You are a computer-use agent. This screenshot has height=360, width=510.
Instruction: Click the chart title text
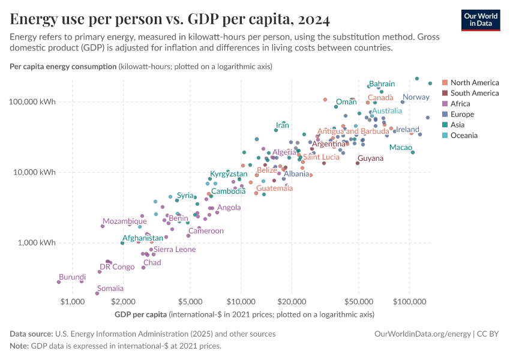(170, 20)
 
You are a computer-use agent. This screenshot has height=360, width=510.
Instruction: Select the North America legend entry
(474, 82)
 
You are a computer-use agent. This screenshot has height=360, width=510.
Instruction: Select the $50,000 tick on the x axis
(359, 300)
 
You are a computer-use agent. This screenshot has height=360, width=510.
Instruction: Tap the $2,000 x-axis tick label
(122, 300)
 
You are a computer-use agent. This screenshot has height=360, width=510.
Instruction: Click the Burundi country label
(72, 277)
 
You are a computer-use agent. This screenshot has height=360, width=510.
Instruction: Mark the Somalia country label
(110, 289)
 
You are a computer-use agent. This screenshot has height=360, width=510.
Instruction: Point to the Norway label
(416, 97)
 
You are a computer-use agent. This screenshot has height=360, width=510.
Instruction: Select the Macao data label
(400, 148)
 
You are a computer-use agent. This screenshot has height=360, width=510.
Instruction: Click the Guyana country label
(370, 158)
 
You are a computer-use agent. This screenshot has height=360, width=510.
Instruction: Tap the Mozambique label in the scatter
(124, 221)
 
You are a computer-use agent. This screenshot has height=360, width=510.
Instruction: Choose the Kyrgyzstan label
(229, 174)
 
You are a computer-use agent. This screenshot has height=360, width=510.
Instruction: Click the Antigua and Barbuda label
(353, 131)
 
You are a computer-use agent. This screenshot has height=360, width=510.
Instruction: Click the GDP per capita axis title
(140, 314)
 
